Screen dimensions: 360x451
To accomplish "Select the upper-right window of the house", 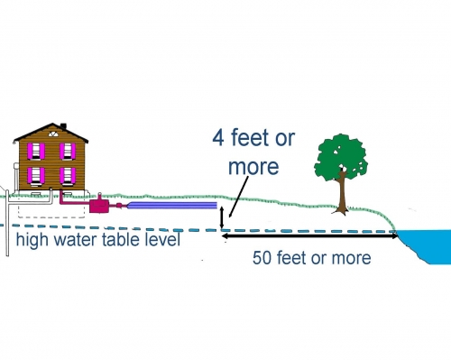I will (67, 152).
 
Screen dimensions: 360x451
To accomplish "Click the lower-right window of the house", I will (67, 174).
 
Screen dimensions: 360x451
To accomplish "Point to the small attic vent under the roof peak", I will (52, 134).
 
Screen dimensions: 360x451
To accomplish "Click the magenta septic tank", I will (97, 205).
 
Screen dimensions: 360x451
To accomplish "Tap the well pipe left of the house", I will (7, 226).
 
